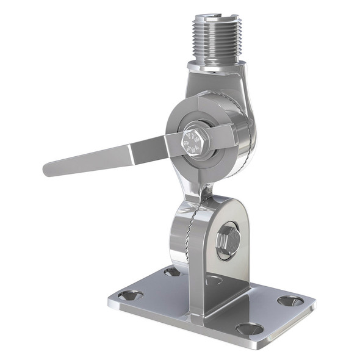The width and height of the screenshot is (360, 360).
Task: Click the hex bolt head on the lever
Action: pos(195,143)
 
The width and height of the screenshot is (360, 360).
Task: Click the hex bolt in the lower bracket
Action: pos(227,240)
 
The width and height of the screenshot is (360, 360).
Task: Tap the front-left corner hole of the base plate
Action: pos(131,295)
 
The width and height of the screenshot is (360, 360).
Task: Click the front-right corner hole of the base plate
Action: pos(250,328)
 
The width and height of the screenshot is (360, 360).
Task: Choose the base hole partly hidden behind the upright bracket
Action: pos(214,280)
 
